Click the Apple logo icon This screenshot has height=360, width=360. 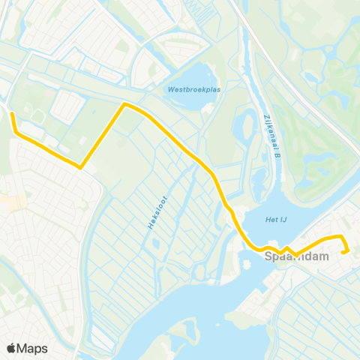[x=12, y=348]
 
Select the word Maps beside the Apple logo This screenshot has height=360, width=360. [x=32, y=348]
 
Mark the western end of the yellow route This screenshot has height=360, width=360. [x=11, y=114]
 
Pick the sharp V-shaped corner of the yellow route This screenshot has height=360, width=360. [x=80, y=167]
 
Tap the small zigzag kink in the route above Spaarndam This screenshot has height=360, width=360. [x=286, y=249]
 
